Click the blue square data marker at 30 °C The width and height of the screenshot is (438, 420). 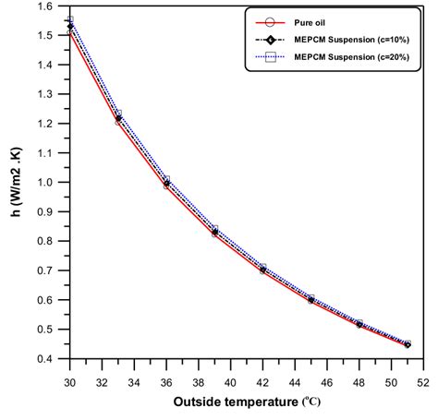click(x=70, y=19)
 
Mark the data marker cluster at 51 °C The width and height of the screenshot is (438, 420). click(x=408, y=344)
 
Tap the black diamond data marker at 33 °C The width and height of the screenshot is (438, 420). click(x=118, y=118)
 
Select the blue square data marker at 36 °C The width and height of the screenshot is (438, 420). click(x=166, y=180)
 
